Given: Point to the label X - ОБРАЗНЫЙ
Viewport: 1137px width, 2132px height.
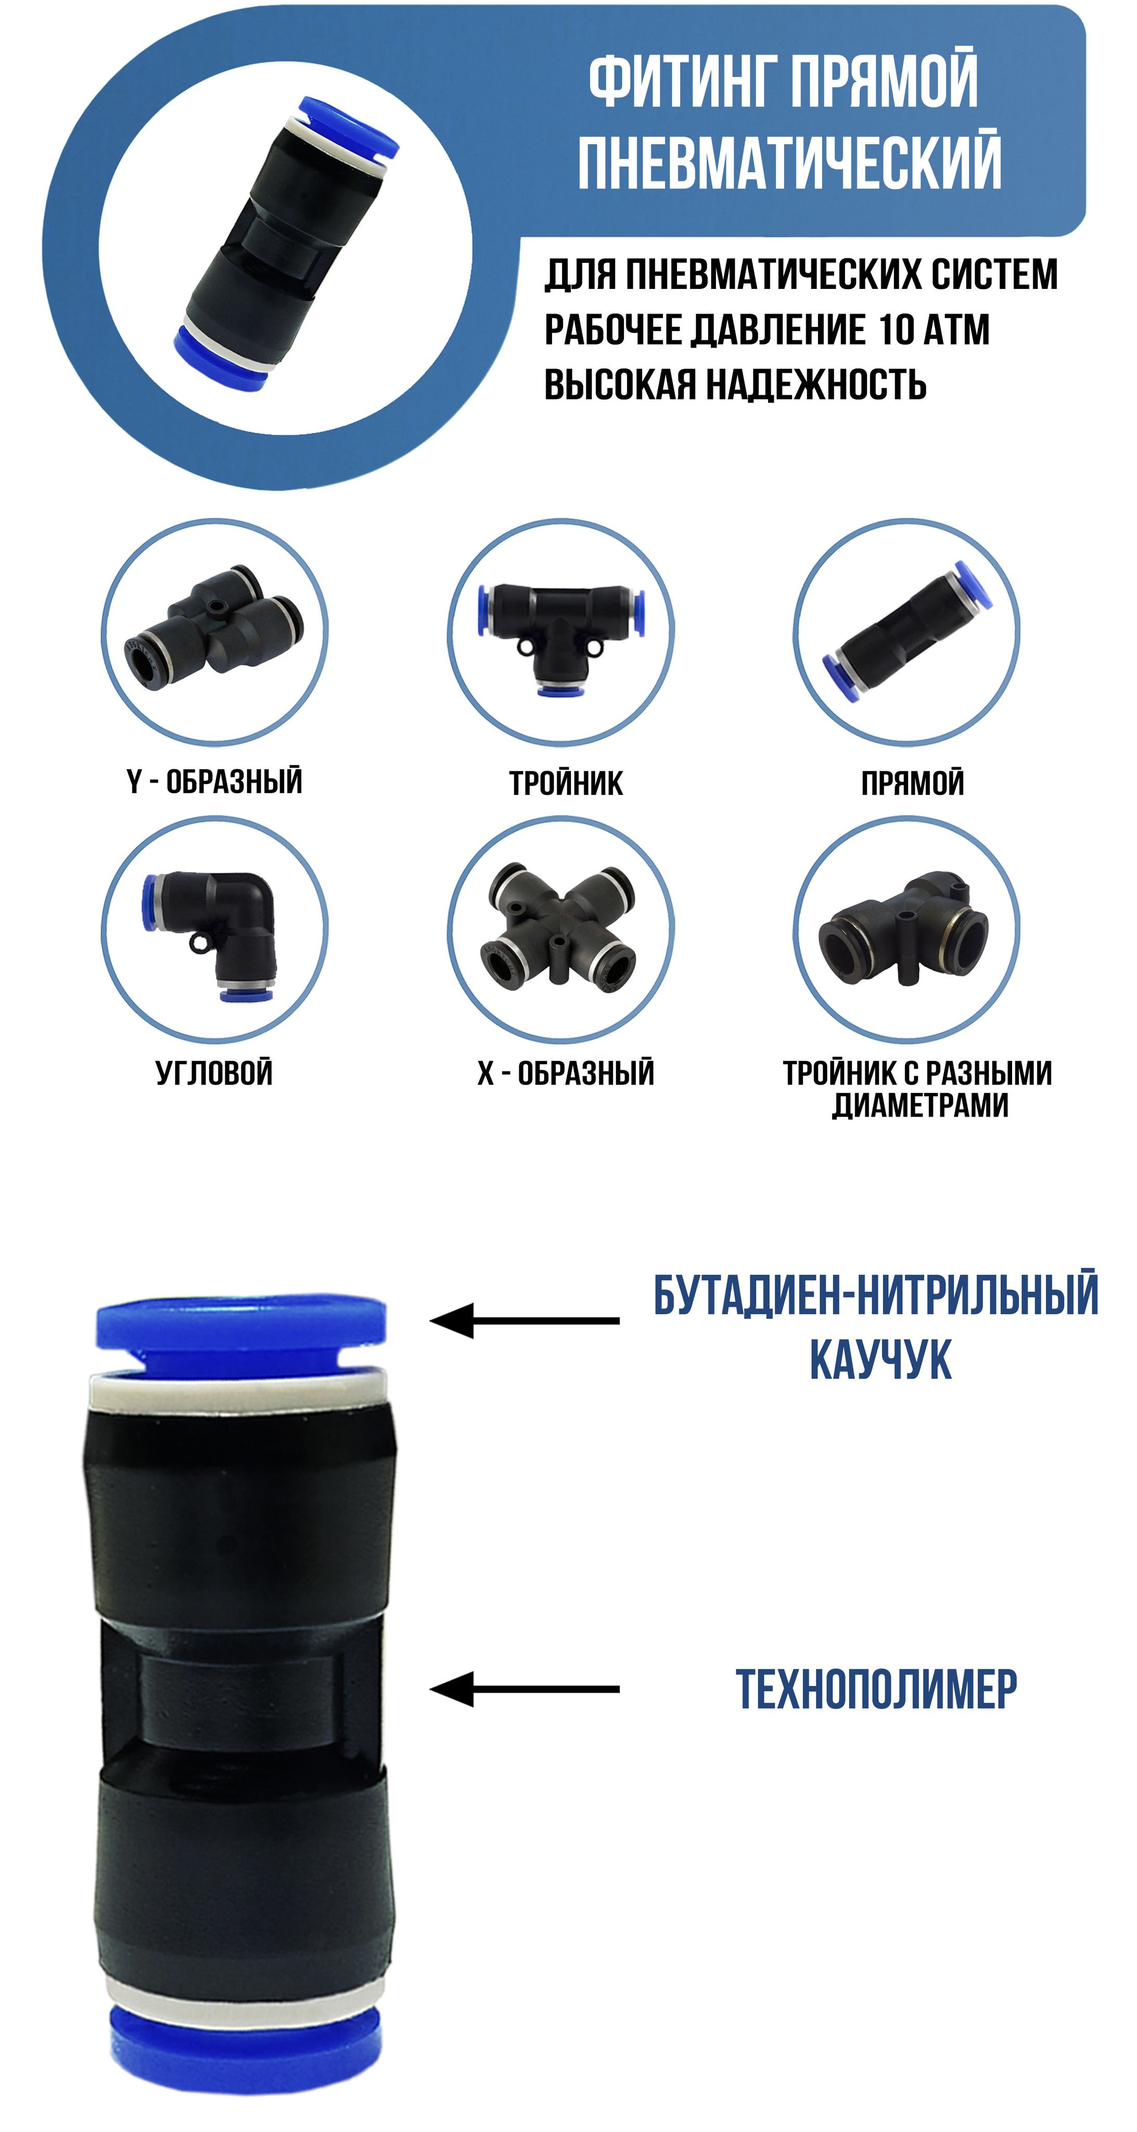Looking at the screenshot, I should pos(565,1073).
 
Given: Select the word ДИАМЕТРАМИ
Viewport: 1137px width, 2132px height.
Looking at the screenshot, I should pos(919,1106).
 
